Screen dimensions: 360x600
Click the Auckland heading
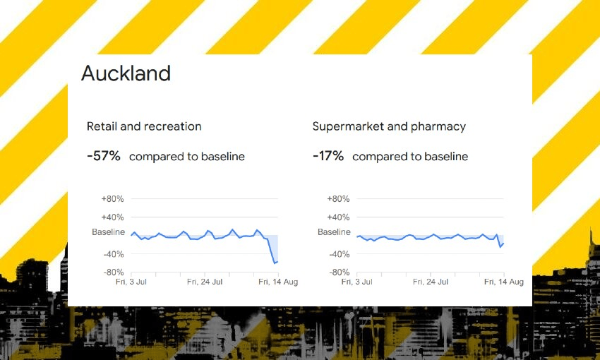pyautogui.click(x=126, y=73)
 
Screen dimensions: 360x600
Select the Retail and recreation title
pyautogui.click(x=144, y=126)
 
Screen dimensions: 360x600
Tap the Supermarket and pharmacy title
pyautogui.click(x=389, y=126)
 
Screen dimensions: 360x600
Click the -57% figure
pyautogui.click(x=104, y=156)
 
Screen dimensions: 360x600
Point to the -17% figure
pyautogui.click(x=328, y=156)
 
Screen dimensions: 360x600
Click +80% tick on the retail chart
pyautogui.click(x=113, y=199)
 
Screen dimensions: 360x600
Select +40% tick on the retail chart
pyautogui.click(x=113, y=217)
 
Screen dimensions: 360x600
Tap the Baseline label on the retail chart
pyautogui.click(x=108, y=232)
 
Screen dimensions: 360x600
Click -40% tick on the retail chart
pyautogui.click(x=114, y=254)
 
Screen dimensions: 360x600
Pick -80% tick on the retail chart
pyautogui.click(x=114, y=272)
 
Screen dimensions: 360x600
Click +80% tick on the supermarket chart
pyautogui.click(x=339, y=199)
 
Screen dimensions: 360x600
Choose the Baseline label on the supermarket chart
pyautogui.click(x=334, y=232)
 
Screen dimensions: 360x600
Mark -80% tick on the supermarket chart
pyautogui.click(x=340, y=272)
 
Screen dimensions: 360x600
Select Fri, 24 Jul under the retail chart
pyautogui.click(x=205, y=282)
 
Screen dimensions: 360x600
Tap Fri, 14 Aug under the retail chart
pyautogui.click(x=278, y=282)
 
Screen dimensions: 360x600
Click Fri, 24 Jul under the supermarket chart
pyautogui.click(x=431, y=282)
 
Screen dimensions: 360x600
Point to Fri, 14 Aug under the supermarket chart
pyautogui.click(x=504, y=282)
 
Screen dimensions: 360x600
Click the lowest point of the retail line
pyautogui.click(x=275, y=263)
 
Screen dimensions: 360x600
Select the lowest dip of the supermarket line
pyautogui.click(x=500, y=246)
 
